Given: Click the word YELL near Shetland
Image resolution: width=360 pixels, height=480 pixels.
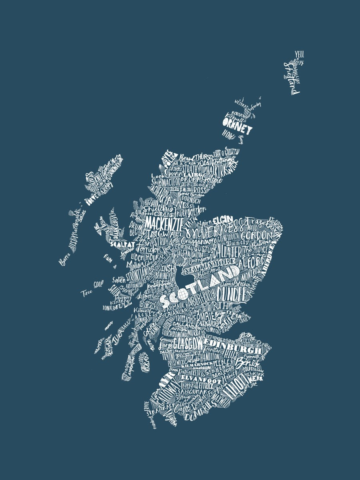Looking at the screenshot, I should click(x=299, y=54).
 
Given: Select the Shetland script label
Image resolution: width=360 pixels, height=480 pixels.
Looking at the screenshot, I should click(x=292, y=78).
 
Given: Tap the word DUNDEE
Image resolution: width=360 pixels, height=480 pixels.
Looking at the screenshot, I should click(x=231, y=295).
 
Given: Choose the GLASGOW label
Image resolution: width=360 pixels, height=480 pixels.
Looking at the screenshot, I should click(x=187, y=343).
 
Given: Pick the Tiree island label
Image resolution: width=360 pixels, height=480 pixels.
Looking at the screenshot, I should click(x=86, y=292).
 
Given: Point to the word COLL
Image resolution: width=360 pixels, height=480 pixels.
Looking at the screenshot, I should click(x=97, y=285).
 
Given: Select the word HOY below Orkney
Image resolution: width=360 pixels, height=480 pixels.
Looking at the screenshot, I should click(x=228, y=136).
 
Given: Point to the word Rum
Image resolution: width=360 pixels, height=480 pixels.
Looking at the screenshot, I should click(x=108, y=256).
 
